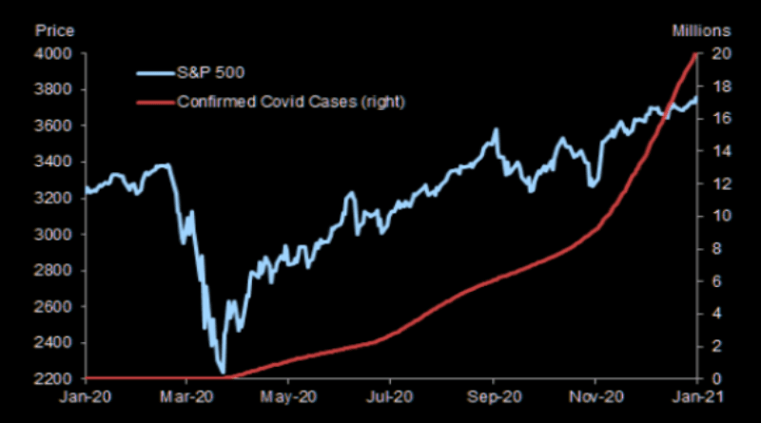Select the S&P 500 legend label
212,71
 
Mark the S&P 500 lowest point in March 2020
223,372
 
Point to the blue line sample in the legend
152,71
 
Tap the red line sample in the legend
152,101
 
